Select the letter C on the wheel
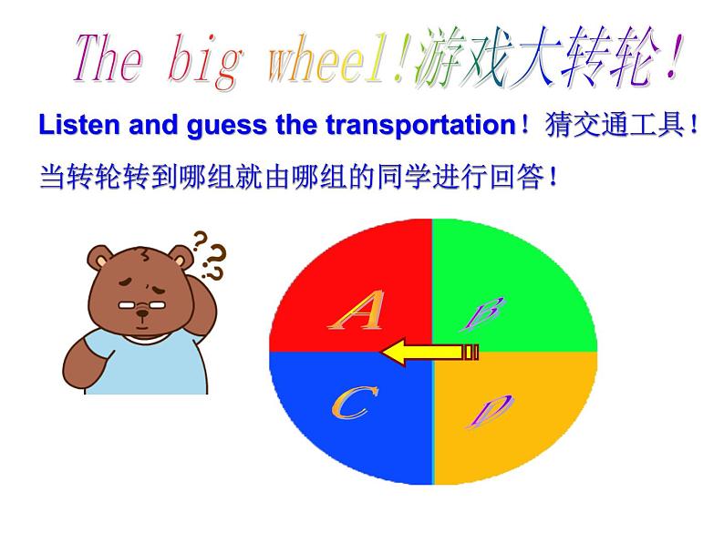tap(348, 404)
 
